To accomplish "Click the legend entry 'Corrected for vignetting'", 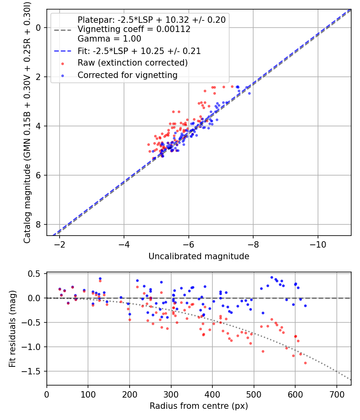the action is [x=128, y=75].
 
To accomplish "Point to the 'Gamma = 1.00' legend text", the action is [x=109, y=38].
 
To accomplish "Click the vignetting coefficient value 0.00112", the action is [x=173, y=29].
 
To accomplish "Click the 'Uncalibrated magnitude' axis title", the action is [x=199, y=256].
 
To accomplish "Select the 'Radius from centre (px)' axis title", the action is [x=199, y=406].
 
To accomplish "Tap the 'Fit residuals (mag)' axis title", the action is [x=12, y=329].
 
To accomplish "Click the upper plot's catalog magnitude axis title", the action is [x=27, y=123].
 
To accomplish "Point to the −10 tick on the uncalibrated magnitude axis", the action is [x=318, y=244].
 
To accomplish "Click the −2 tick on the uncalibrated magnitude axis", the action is [x=60, y=244].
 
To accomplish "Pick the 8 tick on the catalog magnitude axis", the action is [x=38, y=224].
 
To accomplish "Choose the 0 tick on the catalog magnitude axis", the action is [x=38, y=28].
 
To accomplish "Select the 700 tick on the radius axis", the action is [x=336, y=394].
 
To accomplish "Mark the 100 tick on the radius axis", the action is [x=88, y=394].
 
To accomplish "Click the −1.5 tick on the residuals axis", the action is [x=31, y=372].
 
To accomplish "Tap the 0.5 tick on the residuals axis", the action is [x=34, y=274].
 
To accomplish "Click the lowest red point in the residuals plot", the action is [x=305, y=363].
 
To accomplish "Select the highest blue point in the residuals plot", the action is [x=272, y=278].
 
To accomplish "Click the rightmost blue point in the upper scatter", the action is [x=249, y=93].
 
